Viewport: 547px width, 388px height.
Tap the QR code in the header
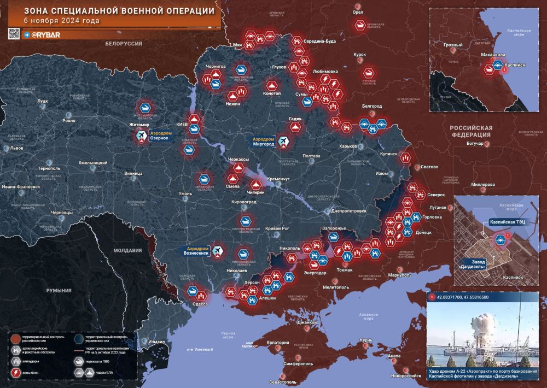pyautogui.click(x=14, y=34)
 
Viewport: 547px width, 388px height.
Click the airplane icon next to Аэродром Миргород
pyautogui.click(x=283, y=143)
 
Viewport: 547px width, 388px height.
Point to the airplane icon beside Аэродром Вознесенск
pyautogui.click(x=218, y=250)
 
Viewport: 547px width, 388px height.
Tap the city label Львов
pyautogui.click(x=16, y=148)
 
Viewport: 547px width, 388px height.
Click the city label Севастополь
pyautogui.click(x=281, y=382)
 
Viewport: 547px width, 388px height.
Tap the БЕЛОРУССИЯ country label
pyautogui.click(x=124, y=43)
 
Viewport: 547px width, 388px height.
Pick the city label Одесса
pyautogui.click(x=200, y=304)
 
